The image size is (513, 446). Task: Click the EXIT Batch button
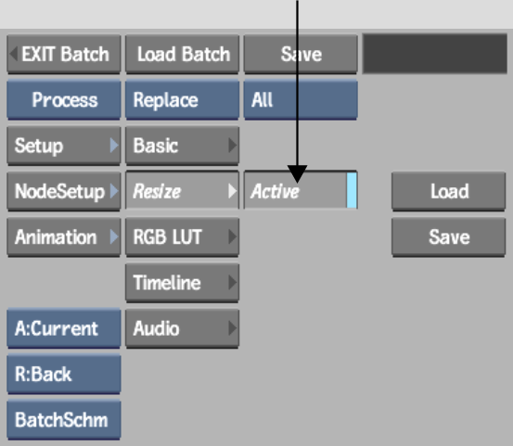64,55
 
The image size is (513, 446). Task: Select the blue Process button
64,100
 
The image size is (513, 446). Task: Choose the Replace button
182,100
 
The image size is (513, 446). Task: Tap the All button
301,100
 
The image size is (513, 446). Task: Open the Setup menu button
64,146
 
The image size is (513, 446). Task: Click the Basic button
182,146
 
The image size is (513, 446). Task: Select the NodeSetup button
64,191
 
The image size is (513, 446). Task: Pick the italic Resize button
182,190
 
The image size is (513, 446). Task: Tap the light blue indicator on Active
352,190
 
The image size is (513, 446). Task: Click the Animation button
64,237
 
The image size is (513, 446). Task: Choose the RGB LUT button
182,237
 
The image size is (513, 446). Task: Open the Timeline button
182,283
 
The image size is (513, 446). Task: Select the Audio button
182,328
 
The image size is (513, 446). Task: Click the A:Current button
64,328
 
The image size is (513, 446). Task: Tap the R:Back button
64,375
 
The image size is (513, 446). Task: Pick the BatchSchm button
64,420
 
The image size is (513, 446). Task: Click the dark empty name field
435,54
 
